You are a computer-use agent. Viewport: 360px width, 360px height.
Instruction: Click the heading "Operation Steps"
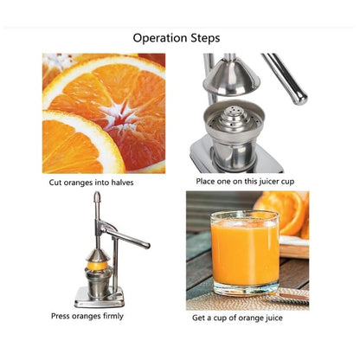pyautogui.click(x=176, y=38)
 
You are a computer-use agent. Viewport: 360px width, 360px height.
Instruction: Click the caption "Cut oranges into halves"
pyautogui.click(x=91, y=183)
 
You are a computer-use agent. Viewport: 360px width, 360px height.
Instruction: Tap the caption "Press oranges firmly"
pyautogui.click(x=87, y=316)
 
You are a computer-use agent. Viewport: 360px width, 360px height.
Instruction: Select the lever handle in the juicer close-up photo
pyautogui.click(x=286, y=79)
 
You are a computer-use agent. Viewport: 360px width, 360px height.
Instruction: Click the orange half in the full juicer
pyautogui.click(x=97, y=256)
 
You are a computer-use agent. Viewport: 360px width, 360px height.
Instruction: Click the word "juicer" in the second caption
pyautogui.click(x=273, y=183)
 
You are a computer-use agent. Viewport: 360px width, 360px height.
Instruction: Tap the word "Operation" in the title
pyautogui.click(x=159, y=38)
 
